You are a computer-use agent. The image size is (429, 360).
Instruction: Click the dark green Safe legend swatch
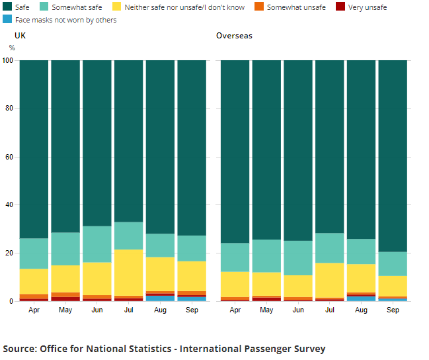pos(7,7)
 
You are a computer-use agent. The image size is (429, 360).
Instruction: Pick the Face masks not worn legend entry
pos(65,20)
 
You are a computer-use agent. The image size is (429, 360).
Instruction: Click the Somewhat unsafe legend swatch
pos(259,7)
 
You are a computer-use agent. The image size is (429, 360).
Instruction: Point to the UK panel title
pos(20,35)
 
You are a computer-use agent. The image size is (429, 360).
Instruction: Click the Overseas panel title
pos(234,35)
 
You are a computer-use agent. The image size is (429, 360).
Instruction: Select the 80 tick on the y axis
pos(9,109)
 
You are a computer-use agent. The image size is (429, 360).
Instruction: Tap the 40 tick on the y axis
pos(9,205)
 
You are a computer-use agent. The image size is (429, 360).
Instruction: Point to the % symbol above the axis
pos(12,48)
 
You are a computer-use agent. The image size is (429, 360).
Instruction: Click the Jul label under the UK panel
pos(128,310)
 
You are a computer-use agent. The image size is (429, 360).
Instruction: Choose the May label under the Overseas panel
pos(266,310)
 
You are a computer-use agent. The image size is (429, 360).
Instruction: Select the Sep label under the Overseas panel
pos(393,310)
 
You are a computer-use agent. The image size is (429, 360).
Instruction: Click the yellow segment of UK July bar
pos(128,273)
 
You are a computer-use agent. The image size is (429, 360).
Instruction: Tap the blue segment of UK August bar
pos(160,298)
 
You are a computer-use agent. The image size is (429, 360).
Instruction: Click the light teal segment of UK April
pos(34,253)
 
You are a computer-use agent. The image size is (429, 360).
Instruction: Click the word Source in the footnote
pos(20,349)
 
